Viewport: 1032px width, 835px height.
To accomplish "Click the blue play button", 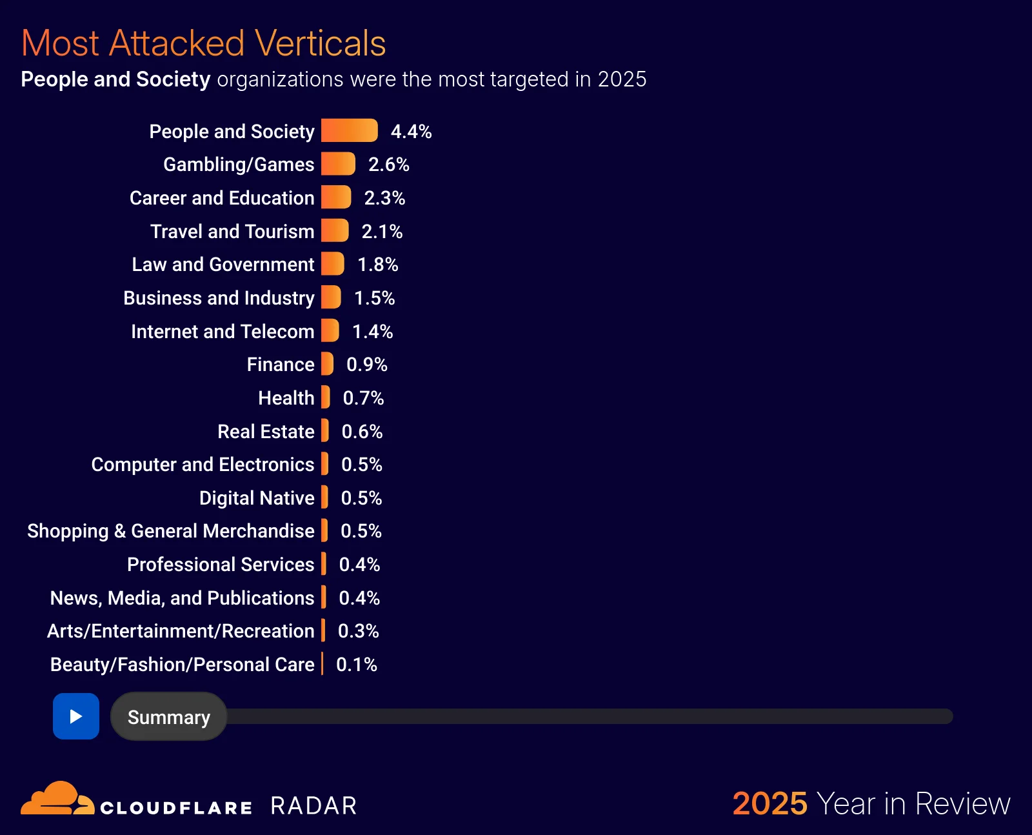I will (x=76, y=716).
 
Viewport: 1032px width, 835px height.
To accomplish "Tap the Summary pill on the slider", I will (x=168, y=717).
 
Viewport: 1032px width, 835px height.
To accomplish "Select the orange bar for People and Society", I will (x=349, y=130).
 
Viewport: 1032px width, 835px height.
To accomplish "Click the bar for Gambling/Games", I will (x=338, y=164).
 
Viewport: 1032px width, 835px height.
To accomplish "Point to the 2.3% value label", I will (x=384, y=197).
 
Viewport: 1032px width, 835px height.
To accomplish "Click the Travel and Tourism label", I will (x=232, y=231).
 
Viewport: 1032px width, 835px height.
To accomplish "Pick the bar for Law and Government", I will (x=332, y=264).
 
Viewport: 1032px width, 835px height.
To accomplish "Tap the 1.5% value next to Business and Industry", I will (x=374, y=297).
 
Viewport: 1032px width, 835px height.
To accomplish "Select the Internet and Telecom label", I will (x=223, y=331).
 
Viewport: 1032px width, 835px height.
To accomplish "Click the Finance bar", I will (x=327, y=364).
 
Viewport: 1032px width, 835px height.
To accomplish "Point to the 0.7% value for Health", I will (x=363, y=397).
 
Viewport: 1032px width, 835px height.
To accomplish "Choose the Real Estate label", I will (x=266, y=431).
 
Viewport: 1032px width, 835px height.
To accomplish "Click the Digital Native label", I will (x=257, y=498).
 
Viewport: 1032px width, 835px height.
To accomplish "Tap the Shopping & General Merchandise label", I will (x=171, y=530).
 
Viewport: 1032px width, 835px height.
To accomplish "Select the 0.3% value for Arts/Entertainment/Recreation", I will (x=358, y=630).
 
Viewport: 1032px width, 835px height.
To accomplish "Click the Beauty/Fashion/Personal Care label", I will (x=182, y=664).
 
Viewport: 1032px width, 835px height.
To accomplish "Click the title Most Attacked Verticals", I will (x=203, y=43).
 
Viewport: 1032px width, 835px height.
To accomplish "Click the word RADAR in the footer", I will (x=313, y=805).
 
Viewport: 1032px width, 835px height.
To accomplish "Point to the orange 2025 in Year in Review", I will (x=769, y=803).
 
